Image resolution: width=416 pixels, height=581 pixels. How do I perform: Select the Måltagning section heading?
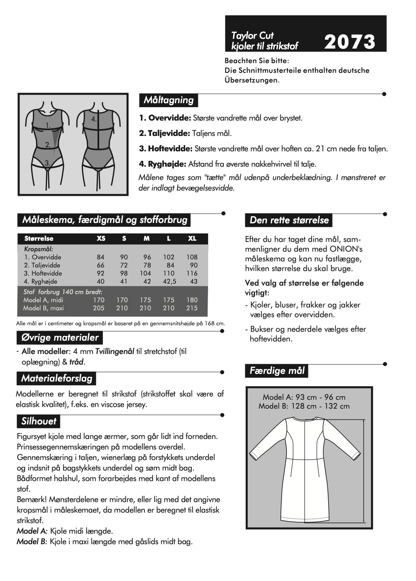pos(168,100)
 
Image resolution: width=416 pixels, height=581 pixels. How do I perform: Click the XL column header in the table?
pos(192,239)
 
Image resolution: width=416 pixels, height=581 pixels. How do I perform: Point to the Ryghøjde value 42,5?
pos(170,282)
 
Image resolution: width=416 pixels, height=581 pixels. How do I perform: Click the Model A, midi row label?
pos(43,300)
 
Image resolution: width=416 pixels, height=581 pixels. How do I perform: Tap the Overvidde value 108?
pos(192,257)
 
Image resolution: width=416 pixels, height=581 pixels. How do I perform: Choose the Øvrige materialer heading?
pos(59,337)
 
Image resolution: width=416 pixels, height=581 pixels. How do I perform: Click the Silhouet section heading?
pos(39,421)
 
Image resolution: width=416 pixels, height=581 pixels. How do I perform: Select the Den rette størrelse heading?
pos(289,220)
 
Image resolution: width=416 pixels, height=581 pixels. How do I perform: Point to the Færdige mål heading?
pos(277,371)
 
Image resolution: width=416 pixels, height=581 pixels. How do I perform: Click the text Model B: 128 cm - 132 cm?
pos(304,406)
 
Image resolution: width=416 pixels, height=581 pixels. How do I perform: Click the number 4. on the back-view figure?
pos(94,119)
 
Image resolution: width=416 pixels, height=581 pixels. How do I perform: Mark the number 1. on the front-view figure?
pos(48,125)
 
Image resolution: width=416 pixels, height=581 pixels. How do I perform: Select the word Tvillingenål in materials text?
pos(115,352)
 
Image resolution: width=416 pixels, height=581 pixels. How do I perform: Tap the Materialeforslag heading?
pos(57,379)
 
